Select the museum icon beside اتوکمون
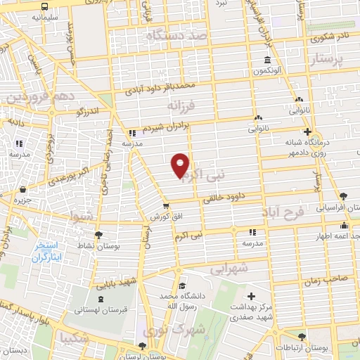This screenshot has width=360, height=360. click(267, 60)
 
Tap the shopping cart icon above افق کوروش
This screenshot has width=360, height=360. click(165, 206)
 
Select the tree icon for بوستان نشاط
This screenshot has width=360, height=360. click(97, 235)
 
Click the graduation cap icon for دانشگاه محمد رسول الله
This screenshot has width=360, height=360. click(182, 285)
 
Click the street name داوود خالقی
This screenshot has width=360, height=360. click(227, 196)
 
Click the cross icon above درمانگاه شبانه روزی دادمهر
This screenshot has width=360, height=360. click(307, 131)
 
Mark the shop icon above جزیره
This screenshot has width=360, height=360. click(23, 188)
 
